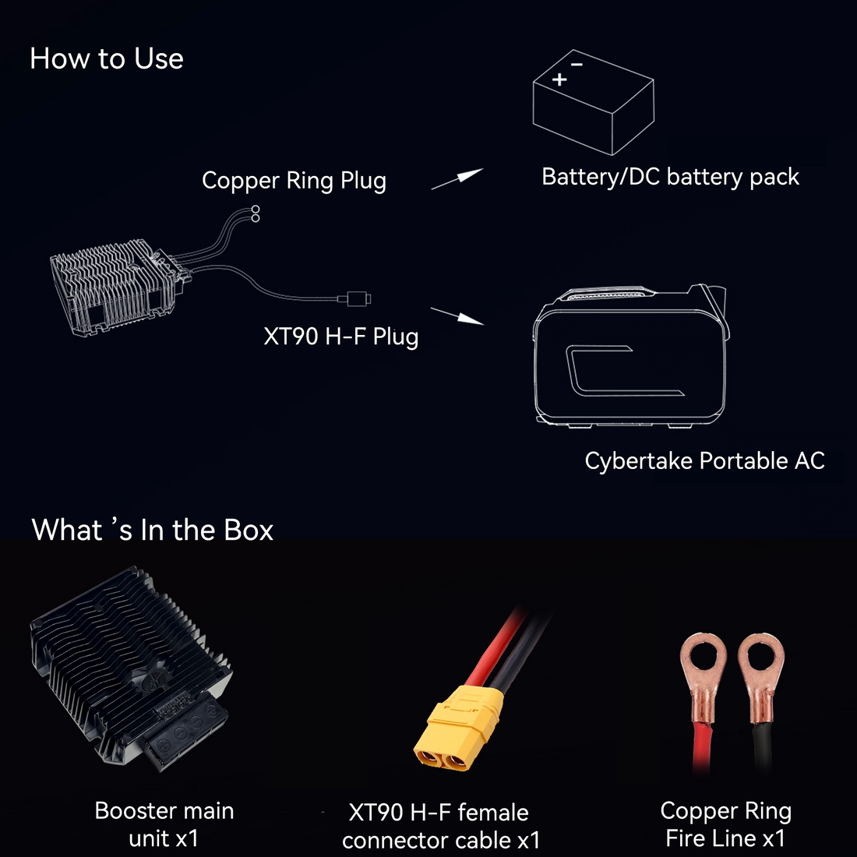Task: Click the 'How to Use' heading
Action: click(107, 58)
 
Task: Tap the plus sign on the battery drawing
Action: click(559, 79)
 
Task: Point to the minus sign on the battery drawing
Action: click(577, 65)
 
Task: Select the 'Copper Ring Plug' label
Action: click(294, 181)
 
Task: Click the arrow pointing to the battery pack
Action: click(457, 178)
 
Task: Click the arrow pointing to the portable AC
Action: click(457, 316)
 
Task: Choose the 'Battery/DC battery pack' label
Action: click(670, 177)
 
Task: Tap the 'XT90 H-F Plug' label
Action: click(341, 336)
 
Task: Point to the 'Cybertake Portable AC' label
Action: click(704, 460)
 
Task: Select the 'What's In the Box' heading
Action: click(153, 530)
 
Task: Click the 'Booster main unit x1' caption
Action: click(164, 824)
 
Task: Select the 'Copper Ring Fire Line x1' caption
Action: click(726, 824)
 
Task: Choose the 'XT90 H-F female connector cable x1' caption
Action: click(441, 826)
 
